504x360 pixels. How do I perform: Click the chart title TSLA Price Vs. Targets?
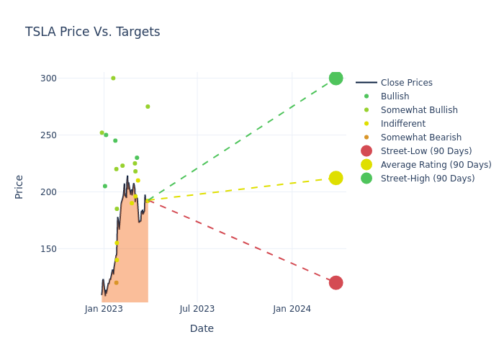coord(92,32)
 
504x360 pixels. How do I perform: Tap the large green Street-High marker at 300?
coord(336,78)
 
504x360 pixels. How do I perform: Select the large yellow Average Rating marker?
coord(336,178)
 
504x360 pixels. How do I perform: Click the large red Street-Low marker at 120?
coord(336,283)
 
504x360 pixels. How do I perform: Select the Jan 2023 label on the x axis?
coord(104,309)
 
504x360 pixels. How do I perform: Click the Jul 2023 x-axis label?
coord(197,309)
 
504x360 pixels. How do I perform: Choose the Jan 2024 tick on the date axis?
coord(292,309)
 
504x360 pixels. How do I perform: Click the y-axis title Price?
coord(19,186)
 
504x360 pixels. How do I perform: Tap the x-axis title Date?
coord(202,329)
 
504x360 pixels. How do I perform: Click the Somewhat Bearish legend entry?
coord(420,138)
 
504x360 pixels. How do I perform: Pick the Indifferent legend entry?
coord(402,124)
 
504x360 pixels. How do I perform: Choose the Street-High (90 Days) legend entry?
coord(427,179)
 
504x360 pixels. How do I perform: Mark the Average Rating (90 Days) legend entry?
coord(436,165)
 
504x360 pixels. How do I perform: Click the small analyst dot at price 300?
coord(113,78)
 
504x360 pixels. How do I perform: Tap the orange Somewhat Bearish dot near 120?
coord(116,283)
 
